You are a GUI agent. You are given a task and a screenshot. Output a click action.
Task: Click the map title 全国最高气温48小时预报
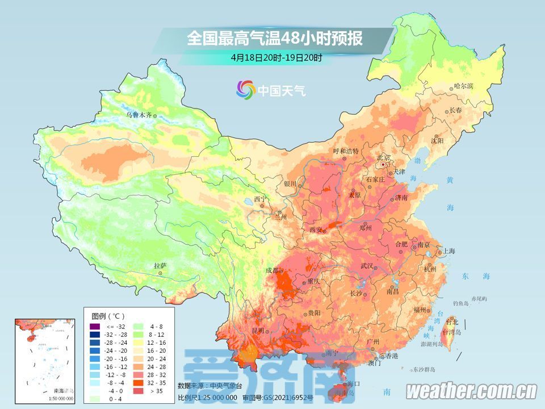(275, 39)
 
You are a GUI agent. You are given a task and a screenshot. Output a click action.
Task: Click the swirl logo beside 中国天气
(246, 89)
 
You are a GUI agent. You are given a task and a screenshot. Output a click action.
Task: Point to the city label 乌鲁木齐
(139, 115)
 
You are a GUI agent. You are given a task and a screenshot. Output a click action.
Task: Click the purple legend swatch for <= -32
(94, 327)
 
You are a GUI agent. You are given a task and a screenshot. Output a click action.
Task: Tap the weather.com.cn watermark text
(471, 391)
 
